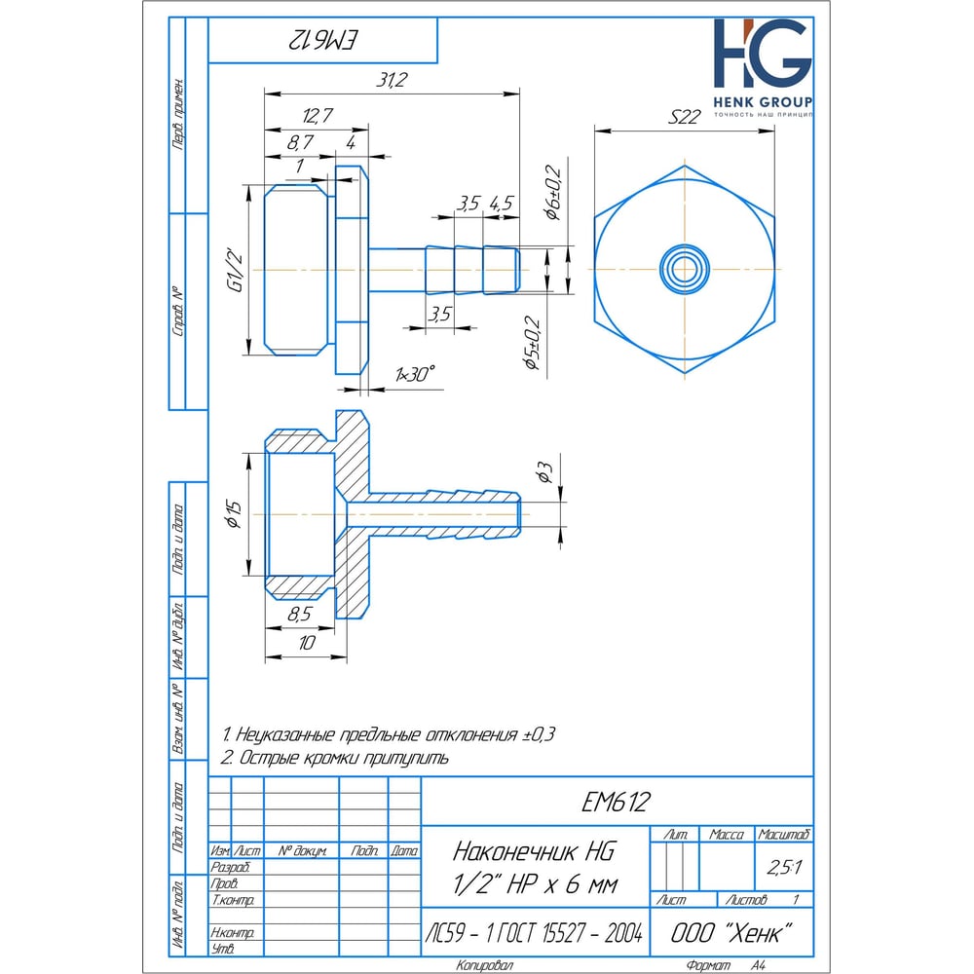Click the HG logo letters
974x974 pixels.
click(x=762, y=56)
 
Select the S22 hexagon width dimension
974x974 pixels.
click(x=686, y=118)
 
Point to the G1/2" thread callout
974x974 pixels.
click(x=235, y=270)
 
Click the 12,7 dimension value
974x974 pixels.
click(x=318, y=114)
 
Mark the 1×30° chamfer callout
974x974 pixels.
click(x=416, y=374)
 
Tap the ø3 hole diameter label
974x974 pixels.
click(x=546, y=473)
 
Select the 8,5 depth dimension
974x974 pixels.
click(x=301, y=615)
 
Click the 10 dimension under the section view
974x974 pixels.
click(x=307, y=644)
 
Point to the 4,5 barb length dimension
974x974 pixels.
click(x=502, y=204)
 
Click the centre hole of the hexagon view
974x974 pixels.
click(x=685, y=267)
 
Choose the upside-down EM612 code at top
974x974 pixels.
click(x=323, y=41)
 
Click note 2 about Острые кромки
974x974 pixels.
click(x=335, y=758)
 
